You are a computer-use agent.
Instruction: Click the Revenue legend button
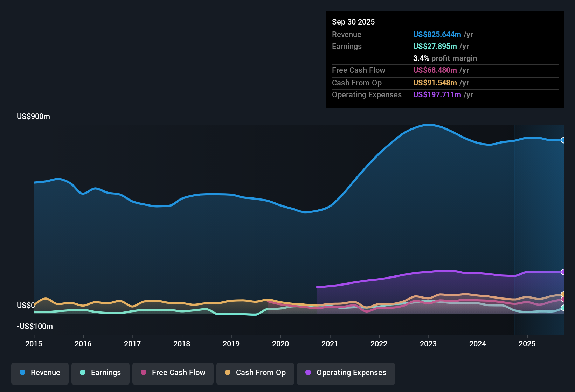pos(40,373)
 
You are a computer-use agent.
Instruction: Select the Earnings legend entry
pos(101,373)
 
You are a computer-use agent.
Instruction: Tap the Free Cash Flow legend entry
pos(173,373)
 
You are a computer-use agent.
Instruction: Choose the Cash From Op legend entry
pos(255,373)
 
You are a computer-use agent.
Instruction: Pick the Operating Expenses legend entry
pos(346,373)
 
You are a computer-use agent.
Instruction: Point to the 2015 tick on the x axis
pos(34,344)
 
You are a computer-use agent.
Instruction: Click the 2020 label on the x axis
pos(280,344)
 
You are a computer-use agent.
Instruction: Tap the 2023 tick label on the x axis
pos(428,344)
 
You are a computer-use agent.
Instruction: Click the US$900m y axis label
pos(33,117)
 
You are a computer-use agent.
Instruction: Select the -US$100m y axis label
pos(35,327)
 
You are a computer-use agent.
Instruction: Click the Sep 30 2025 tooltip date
pos(353,22)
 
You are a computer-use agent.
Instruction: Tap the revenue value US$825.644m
pos(437,34)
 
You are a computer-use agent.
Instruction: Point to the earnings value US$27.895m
pos(435,46)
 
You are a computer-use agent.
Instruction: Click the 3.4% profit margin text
pos(445,58)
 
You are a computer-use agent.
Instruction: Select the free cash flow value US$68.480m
pos(435,70)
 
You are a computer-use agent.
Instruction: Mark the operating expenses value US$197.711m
pos(437,94)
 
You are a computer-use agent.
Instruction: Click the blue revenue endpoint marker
pos(563,140)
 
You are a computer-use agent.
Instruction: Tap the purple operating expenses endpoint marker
pos(563,272)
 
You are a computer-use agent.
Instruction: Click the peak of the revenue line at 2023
pos(428,125)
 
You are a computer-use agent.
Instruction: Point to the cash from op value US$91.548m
pos(435,83)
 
